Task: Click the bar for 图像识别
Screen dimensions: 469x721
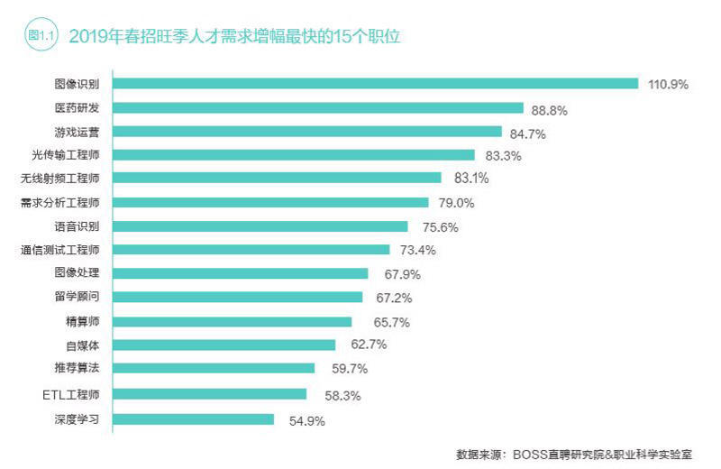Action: [375, 84]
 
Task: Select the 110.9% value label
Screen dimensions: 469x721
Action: [668, 84]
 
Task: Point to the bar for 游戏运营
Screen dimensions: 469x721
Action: [307, 132]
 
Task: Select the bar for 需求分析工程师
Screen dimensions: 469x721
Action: [270, 202]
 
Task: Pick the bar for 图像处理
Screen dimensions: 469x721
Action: [240, 273]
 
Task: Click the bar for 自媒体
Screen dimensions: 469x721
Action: [224, 345]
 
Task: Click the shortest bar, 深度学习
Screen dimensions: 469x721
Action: [193, 419]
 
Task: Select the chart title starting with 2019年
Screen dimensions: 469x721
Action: [234, 37]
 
